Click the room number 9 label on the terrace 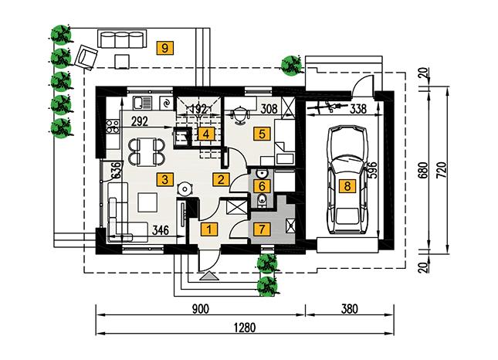coord(163,48)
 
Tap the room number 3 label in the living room coord(163,180)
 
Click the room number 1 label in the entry coord(208,229)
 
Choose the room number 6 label coord(263,185)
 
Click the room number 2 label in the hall coord(222,180)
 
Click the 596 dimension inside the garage coord(373,170)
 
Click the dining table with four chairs coord(144,149)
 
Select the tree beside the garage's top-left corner coord(291,65)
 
